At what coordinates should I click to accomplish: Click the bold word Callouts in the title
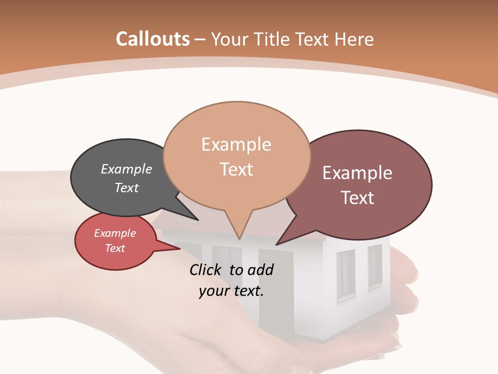(153, 39)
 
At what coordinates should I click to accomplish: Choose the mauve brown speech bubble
(363, 184)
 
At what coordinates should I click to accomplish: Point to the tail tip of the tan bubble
(239, 238)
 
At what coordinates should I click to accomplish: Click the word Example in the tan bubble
(236, 144)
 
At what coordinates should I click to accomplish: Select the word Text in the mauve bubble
(357, 198)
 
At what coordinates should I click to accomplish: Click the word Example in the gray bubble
(127, 169)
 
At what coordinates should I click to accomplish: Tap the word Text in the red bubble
(115, 248)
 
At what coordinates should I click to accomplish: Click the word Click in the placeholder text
(206, 270)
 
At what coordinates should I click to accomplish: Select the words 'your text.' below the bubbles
(231, 291)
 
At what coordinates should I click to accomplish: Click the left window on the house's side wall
(345, 274)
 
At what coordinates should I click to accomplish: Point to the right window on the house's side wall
(375, 265)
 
